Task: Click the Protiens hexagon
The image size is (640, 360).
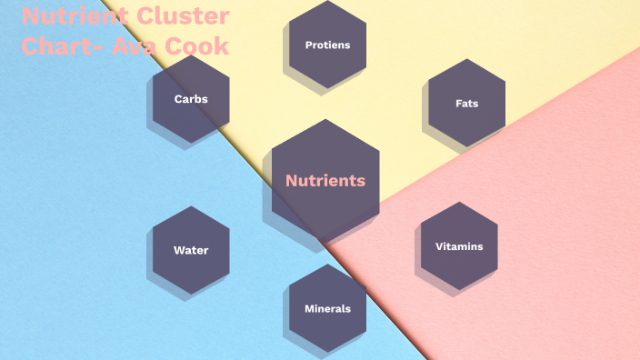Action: click(327, 44)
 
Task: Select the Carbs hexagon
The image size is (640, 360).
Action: click(191, 98)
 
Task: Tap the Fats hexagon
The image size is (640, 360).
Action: click(466, 103)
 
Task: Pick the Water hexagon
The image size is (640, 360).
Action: click(191, 250)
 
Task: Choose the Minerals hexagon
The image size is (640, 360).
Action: click(327, 308)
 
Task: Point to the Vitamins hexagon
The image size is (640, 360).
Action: click(459, 246)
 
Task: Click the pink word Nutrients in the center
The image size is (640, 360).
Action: click(325, 180)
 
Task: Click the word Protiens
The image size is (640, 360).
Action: click(327, 45)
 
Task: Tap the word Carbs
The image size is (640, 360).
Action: click(191, 99)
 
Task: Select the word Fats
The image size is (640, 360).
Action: click(466, 104)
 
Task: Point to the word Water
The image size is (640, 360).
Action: click(191, 251)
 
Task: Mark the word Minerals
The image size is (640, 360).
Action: click(327, 309)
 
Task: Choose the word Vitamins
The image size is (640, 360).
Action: click(459, 246)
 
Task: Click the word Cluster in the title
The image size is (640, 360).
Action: click(185, 16)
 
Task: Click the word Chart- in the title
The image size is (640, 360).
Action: click(61, 45)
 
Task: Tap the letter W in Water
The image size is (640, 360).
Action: click(179, 251)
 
